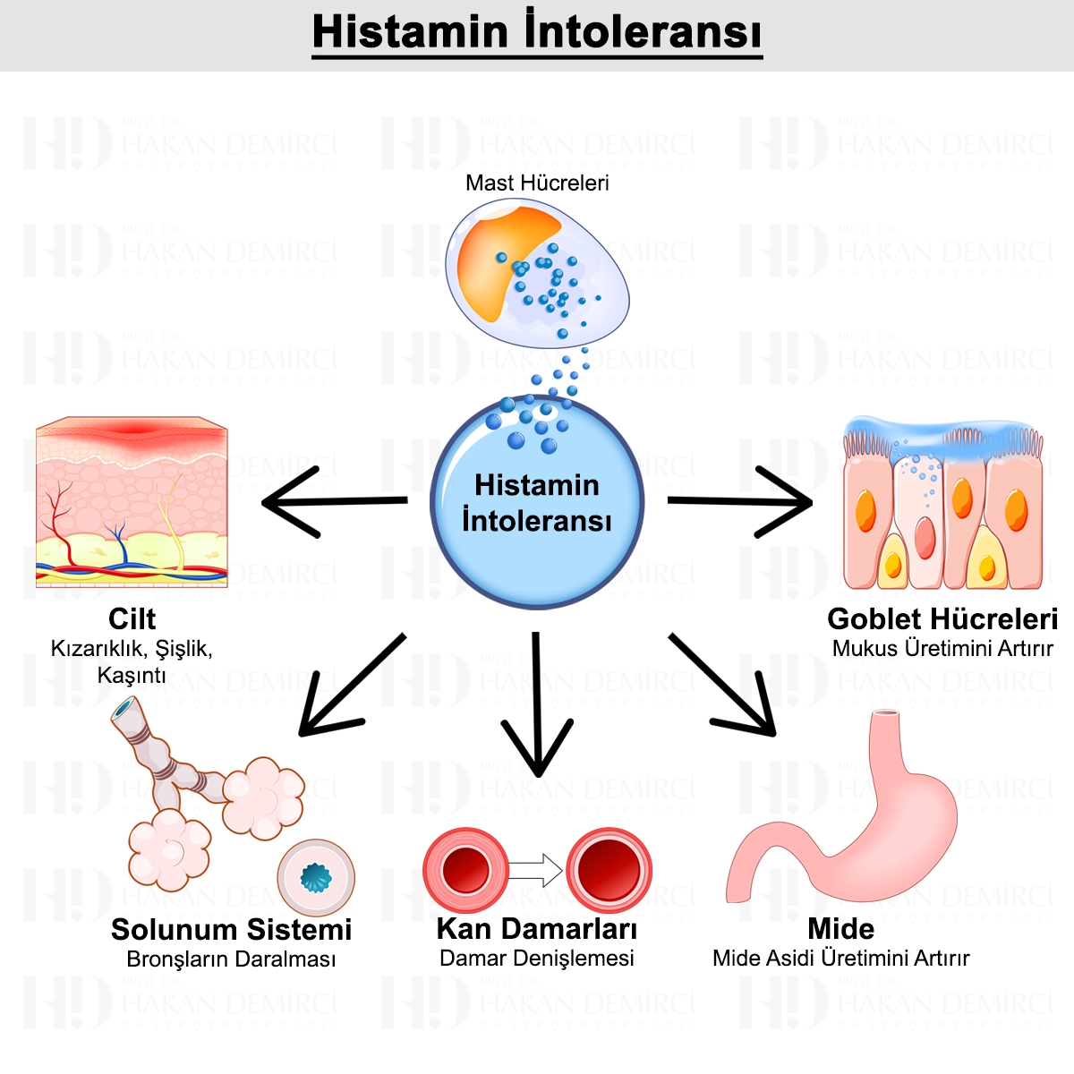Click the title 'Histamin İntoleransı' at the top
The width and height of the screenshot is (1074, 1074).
(x=537, y=32)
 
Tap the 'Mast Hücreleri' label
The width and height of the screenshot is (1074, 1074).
(x=537, y=183)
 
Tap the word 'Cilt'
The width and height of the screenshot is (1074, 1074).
(x=132, y=618)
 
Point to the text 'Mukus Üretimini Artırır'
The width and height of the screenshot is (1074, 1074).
(x=942, y=649)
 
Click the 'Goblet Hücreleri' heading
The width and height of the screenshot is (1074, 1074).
(x=942, y=618)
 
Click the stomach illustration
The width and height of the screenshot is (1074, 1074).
(x=850, y=823)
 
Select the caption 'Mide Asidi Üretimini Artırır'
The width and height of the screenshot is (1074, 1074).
(x=840, y=959)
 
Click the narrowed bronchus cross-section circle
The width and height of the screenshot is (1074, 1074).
(x=316, y=878)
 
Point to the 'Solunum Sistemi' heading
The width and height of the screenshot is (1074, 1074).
(x=231, y=930)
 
